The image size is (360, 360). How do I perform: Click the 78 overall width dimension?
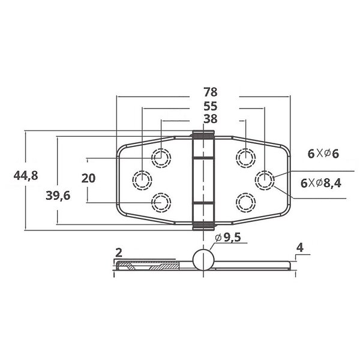[210, 92]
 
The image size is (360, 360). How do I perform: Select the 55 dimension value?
[210, 106]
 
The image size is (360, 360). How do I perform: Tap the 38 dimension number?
[210, 119]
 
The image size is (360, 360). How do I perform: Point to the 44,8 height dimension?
[26, 175]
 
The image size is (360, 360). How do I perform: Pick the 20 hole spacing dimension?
[88, 178]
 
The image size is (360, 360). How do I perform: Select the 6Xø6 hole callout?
[323, 154]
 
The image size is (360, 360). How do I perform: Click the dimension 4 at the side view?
[299, 247]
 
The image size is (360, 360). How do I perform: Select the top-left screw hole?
[161, 158]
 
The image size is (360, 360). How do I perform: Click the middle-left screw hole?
[142, 179]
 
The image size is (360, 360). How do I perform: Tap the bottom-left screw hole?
[161, 203]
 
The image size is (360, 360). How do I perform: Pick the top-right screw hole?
[244, 157]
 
